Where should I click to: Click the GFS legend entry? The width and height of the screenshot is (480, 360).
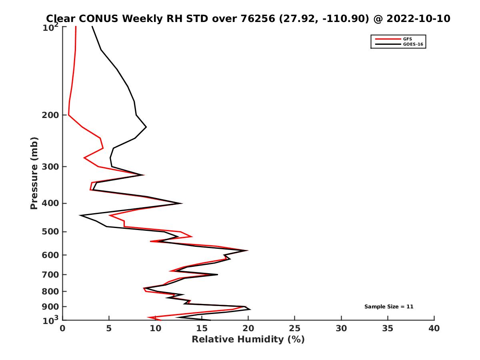coord(407,39)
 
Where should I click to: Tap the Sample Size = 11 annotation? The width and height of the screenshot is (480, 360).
coord(388,307)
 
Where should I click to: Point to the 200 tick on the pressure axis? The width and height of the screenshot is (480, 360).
coord(51,115)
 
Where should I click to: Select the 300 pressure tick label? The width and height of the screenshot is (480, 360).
coord(51,167)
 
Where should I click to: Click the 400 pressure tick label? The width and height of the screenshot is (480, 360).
coord(51,203)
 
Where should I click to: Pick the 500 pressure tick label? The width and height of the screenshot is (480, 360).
coord(51,232)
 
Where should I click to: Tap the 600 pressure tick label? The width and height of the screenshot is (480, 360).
coord(51,255)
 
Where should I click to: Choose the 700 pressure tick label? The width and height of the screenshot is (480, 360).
coord(51,274)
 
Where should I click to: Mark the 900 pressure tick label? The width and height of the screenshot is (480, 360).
coord(51,307)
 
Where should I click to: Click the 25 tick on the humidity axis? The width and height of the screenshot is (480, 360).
coord(295,328)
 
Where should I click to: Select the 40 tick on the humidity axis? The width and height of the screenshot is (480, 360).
coord(434,328)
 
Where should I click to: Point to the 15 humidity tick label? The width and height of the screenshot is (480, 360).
coord(202,328)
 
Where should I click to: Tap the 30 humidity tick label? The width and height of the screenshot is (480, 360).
coord(341,328)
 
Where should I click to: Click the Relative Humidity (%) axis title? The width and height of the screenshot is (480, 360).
coord(248,340)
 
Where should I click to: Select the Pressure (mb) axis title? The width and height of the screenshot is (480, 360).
coord(34,173)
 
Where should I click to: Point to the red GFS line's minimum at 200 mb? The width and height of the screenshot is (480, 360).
coord(68,115)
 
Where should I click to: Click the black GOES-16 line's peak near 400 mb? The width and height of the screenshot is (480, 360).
coord(182,203)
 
